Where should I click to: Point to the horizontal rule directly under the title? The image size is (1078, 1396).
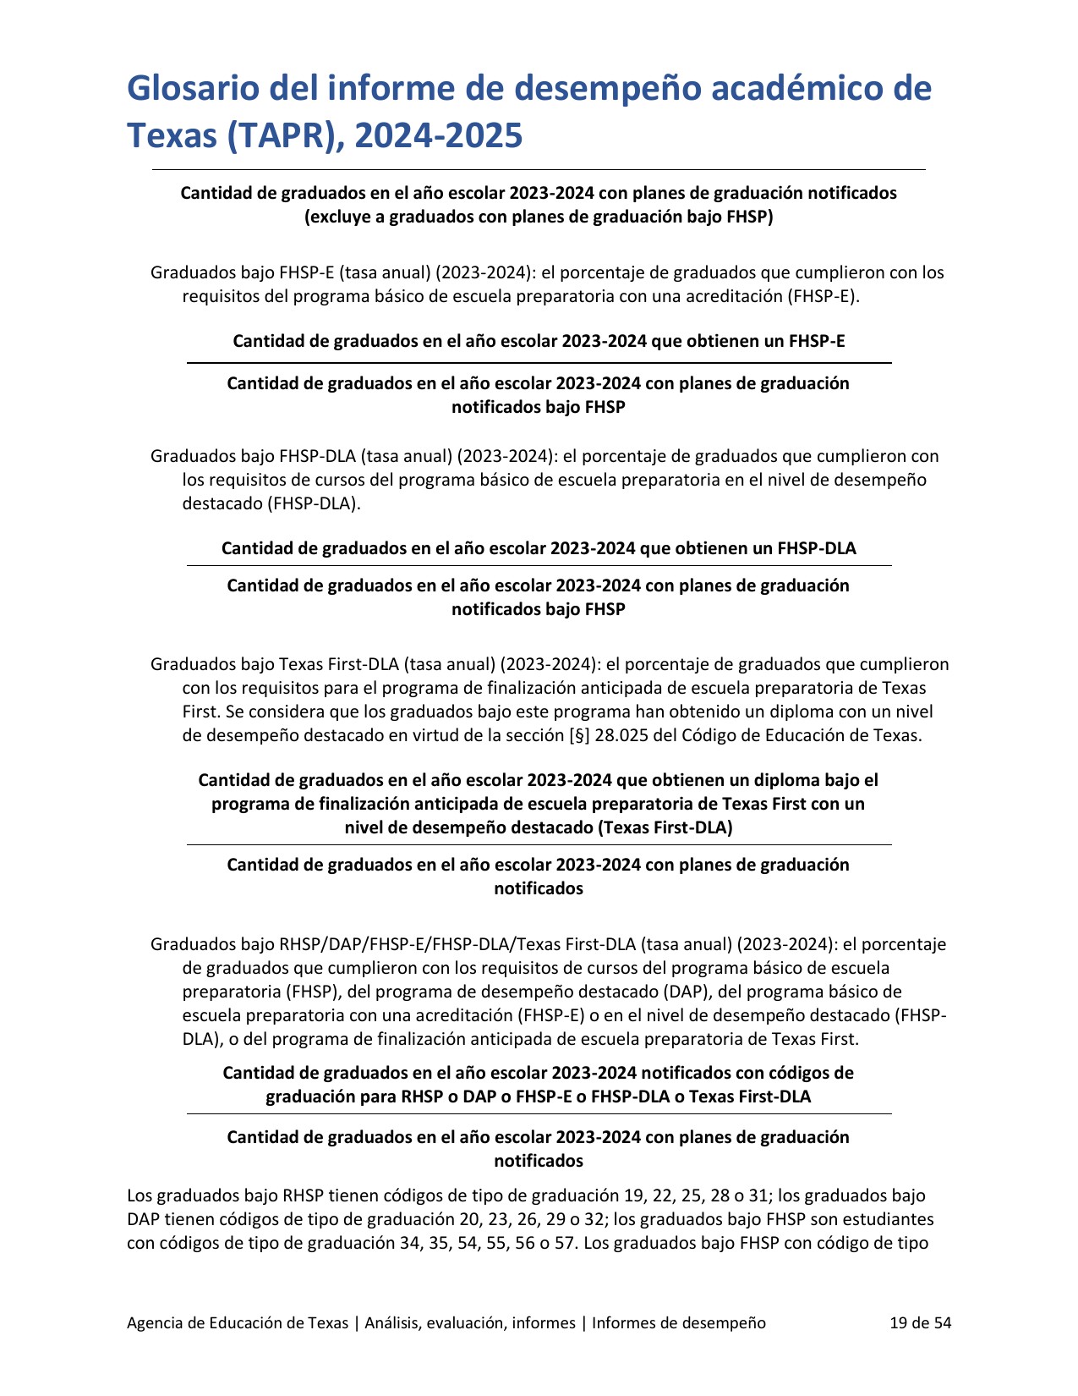[x=539, y=170]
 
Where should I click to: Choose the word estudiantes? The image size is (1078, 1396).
[x=893, y=1220]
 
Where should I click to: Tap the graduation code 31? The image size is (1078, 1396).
[x=758, y=1196]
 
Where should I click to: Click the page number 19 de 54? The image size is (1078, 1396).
[x=920, y=1322]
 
